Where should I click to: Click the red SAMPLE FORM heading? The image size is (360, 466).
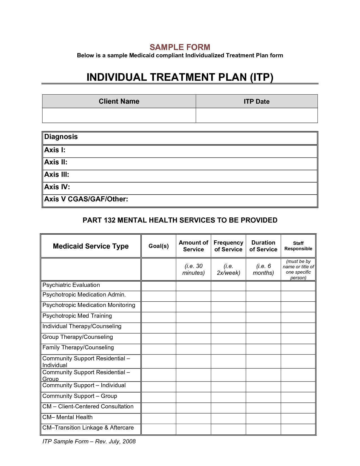[x=180, y=47]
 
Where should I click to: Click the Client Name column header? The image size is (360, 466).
[x=119, y=101]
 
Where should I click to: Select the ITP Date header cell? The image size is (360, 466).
[x=256, y=101]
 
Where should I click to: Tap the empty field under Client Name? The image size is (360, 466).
[x=119, y=116]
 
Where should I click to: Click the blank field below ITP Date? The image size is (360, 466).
[x=256, y=116]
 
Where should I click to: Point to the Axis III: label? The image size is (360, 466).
[x=57, y=175]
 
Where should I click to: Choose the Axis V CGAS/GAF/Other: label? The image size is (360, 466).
[x=86, y=199]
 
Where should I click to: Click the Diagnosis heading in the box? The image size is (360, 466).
[x=61, y=137]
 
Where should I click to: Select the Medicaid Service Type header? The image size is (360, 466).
[x=91, y=246]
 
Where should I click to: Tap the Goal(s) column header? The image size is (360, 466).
[x=159, y=246]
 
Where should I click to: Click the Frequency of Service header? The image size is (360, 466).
[x=228, y=246]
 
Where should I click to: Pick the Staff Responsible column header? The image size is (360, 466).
[x=298, y=246]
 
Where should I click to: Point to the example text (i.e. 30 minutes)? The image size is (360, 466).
[x=193, y=269]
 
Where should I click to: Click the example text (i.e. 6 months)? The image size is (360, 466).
[x=263, y=269]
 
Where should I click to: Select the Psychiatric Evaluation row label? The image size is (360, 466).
[x=71, y=285]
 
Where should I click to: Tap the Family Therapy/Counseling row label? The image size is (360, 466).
[x=78, y=348]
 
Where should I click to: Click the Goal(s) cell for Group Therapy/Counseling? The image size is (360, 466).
[x=159, y=338]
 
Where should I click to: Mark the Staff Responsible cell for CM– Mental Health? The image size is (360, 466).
[x=298, y=419]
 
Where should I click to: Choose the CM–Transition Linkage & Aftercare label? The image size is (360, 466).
[x=88, y=428]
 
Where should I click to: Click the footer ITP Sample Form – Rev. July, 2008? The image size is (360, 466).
[x=89, y=441]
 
